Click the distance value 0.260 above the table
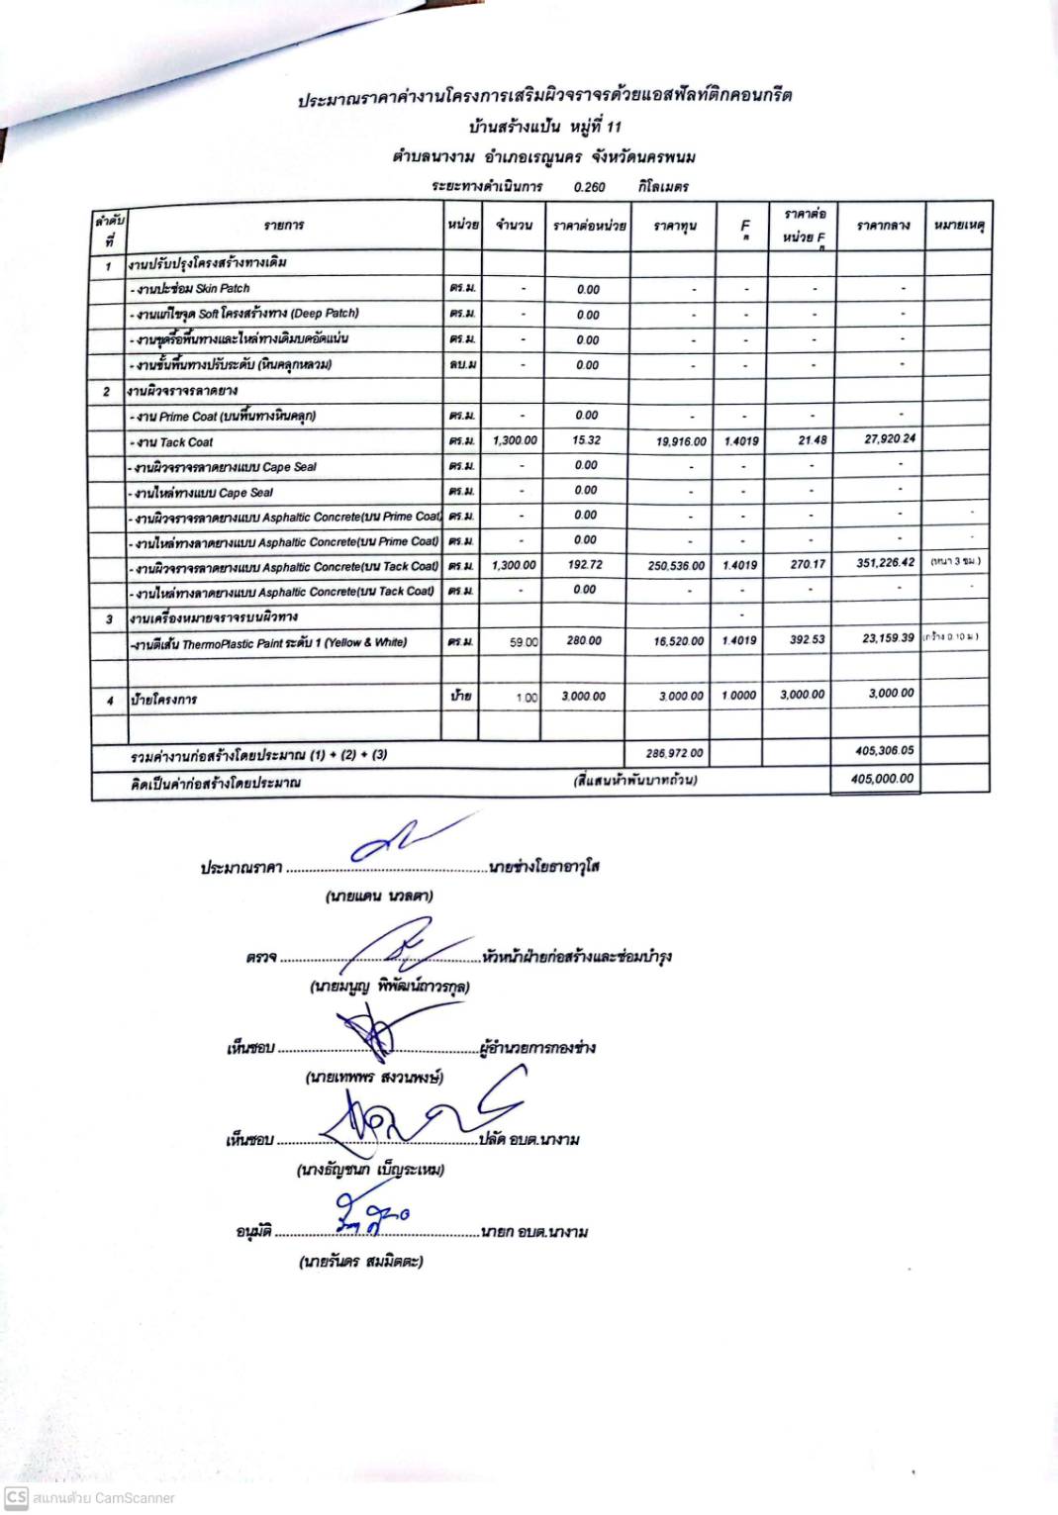click(589, 187)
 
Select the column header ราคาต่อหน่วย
click(589, 226)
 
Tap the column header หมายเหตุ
click(958, 226)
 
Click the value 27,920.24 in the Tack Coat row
click(889, 438)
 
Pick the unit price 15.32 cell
click(587, 440)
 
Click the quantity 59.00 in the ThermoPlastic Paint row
click(524, 642)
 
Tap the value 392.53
click(807, 640)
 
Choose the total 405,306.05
click(884, 751)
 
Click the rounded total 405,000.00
click(882, 779)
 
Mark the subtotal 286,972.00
click(675, 754)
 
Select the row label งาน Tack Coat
click(174, 442)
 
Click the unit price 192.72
click(585, 565)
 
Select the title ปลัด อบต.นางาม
click(529, 1140)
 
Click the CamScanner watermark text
click(103, 1498)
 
